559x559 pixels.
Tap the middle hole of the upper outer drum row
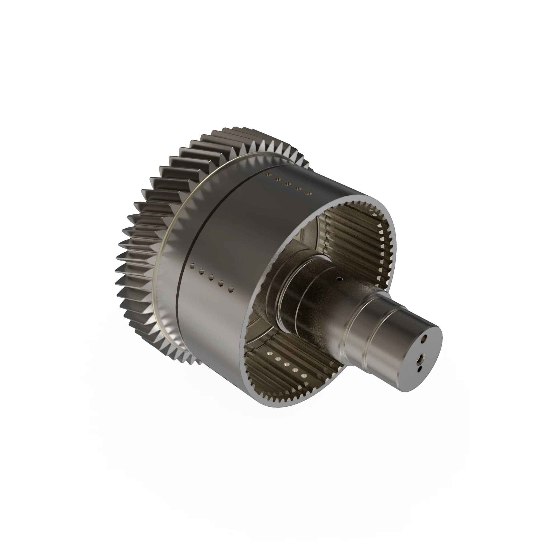point(288,184)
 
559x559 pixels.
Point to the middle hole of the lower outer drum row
point(211,277)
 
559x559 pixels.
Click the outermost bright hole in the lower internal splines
point(304,376)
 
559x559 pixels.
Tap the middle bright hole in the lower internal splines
point(286,364)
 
